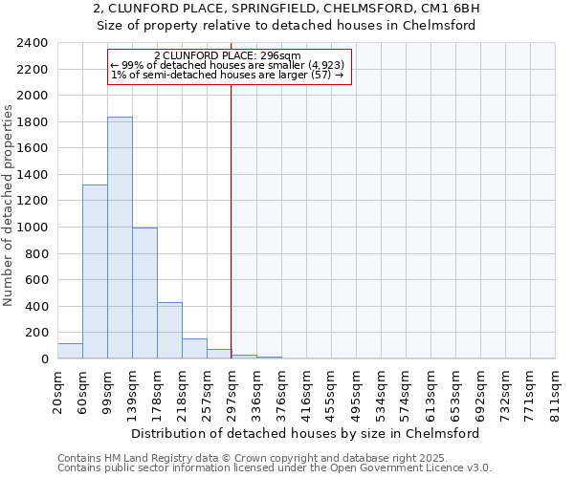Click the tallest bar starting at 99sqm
[120, 238]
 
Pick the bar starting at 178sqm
[169, 331]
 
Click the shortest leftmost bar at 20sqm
[70, 351]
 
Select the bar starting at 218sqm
[194, 349]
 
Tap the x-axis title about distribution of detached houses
[305, 433]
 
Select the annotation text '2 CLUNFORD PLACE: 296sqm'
[228, 56]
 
